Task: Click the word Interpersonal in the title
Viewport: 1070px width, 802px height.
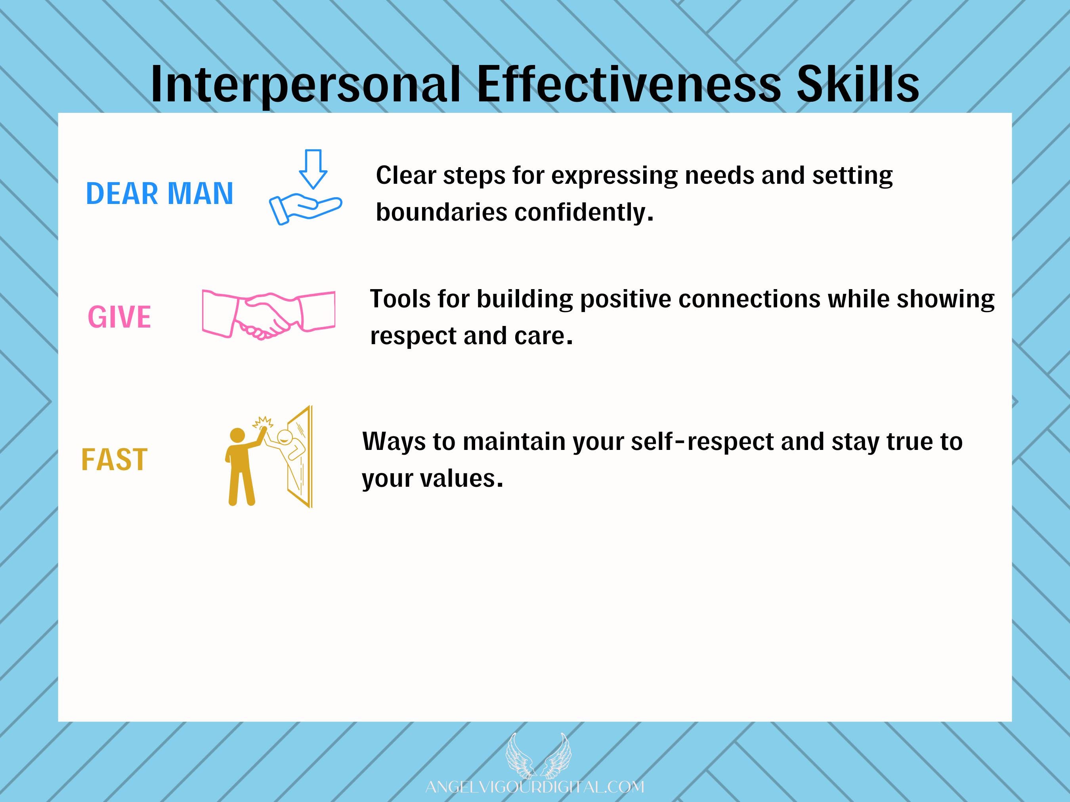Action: pos(305,85)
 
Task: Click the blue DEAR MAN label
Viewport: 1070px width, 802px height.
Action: pos(160,193)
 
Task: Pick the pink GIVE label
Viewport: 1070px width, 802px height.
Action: pos(119,317)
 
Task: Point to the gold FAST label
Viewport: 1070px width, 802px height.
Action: pos(114,459)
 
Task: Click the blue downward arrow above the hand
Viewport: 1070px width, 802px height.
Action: pos(313,169)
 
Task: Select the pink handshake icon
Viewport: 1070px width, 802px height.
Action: pos(268,314)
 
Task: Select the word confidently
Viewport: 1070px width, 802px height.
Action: pos(583,213)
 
